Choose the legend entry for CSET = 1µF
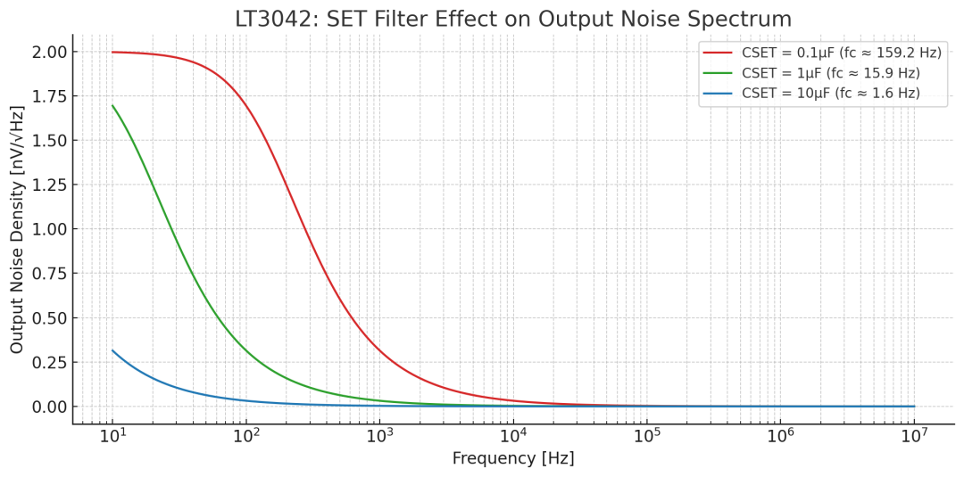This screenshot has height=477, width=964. [x=830, y=73]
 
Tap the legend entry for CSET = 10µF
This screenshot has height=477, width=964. [x=830, y=93]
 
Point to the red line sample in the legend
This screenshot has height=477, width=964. [x=719, y=53]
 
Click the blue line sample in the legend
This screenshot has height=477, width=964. [x=719, y=93]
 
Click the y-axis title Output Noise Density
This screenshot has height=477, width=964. [x=17, y=229]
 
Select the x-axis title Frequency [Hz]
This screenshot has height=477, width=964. [x=513, y=458]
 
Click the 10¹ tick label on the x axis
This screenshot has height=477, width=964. [x=112, y=435]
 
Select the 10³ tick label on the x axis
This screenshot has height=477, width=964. [x=379, y=435]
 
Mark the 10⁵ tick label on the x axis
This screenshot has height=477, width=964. [x=646, y=435]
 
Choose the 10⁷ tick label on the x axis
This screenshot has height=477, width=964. [x=913, y=435]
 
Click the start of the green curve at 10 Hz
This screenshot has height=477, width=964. [x=112, y=105]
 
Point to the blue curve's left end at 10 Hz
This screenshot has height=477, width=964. [x=112, y=350]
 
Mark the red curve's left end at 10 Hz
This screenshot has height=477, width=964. [x=112, y=52]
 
